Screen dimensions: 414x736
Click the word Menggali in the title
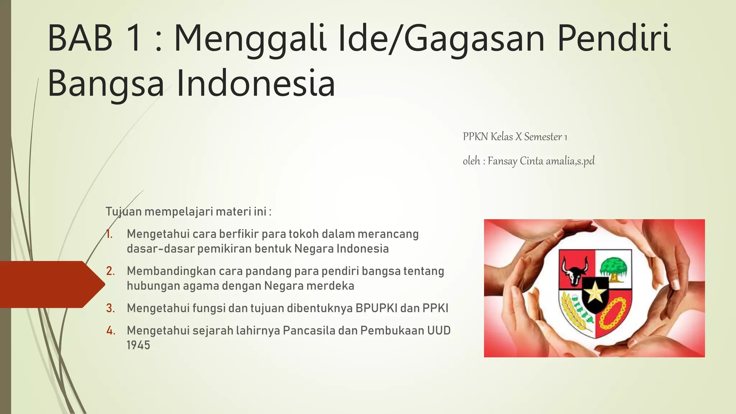tap(250, 38)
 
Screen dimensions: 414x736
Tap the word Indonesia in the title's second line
tap(256, 83)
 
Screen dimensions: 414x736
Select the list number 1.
tap(110, 234)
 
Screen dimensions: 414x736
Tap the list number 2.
tap(110, 271)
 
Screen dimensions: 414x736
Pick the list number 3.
tap(110, 308)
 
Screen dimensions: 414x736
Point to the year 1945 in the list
tap(138, 345)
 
